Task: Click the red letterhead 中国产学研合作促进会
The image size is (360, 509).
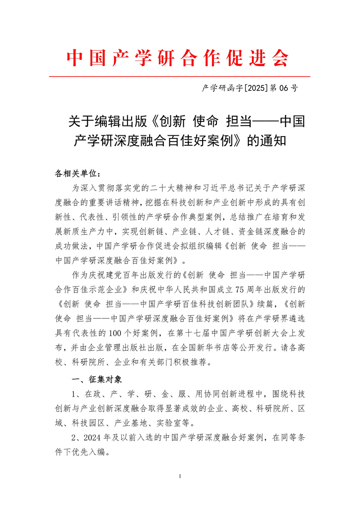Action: (x=179, y=58)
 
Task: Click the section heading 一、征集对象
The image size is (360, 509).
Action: (x=97, y=379)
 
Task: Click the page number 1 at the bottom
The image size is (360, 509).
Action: (x=180, y=476)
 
